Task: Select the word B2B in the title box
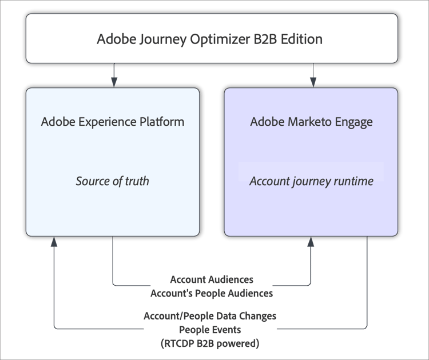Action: [x=259, y=39]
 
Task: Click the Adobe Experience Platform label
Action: [x=112, y=122]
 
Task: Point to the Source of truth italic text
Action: [x=112, y=181]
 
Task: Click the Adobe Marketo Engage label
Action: [x=311, y=122]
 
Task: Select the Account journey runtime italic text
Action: [x=311, y=181]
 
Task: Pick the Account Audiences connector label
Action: [x=212, y=279]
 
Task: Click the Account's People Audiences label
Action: [x=212, y=293]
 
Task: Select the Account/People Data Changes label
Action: [x=210, y=316]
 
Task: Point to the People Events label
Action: [x=210, y=329]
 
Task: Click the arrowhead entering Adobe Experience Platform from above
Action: [x=113, y=83]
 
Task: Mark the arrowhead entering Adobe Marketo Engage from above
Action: [x=312, y=83]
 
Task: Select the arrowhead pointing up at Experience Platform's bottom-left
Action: [x=54, y=243]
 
